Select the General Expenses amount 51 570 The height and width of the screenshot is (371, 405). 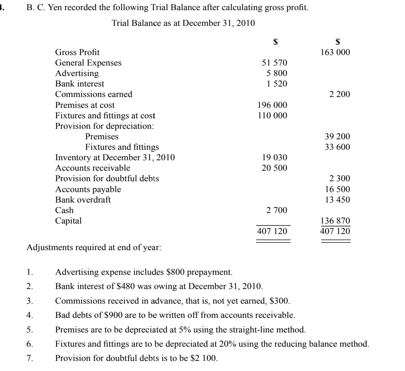pos(274,63)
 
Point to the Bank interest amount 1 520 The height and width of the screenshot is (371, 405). pos(277,84)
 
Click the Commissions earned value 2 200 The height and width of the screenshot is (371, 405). pos(340,94)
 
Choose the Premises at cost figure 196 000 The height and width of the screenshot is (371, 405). pos(272,105)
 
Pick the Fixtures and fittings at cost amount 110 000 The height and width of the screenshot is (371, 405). pos(272,116)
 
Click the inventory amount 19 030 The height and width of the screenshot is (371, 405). pos(274,158)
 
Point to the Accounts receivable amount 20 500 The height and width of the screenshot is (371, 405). pos(274,168)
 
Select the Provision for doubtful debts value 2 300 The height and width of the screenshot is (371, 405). pos(340,179)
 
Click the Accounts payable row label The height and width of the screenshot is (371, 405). pos(88,189)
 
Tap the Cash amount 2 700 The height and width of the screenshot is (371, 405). pos(277,210)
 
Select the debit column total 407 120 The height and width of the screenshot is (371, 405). pos(272,231)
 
